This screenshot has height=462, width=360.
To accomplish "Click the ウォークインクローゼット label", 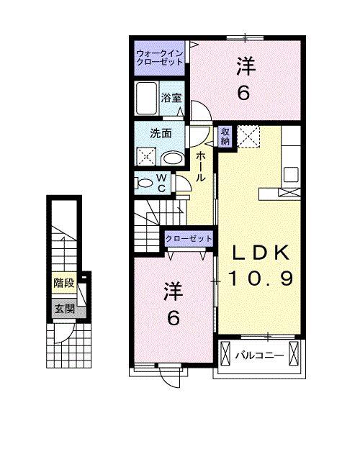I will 160,57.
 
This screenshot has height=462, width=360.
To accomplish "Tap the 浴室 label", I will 172,98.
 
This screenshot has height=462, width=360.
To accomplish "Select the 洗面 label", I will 161,133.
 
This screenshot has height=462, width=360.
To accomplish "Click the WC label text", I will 162,183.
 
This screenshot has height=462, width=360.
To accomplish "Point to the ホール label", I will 201,166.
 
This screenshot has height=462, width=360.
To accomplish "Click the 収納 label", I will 225,136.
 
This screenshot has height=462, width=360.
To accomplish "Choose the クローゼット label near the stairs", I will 189,238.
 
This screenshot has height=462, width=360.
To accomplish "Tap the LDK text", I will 260,253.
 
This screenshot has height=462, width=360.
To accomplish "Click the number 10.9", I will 260,278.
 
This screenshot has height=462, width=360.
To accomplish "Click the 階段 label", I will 63,283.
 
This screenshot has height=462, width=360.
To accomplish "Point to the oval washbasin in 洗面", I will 172,159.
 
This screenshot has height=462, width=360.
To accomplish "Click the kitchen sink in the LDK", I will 291,173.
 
